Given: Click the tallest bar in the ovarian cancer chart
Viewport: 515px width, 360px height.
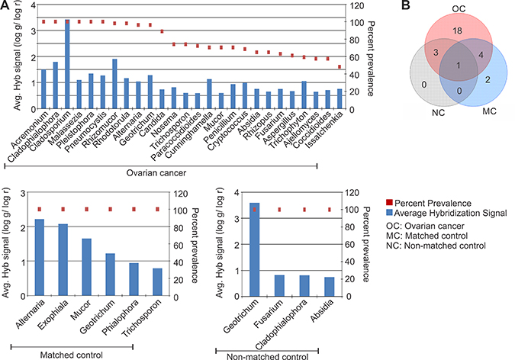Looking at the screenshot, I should tap(67, 69).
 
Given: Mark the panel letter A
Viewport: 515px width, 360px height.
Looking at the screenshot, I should tap(5, 6).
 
